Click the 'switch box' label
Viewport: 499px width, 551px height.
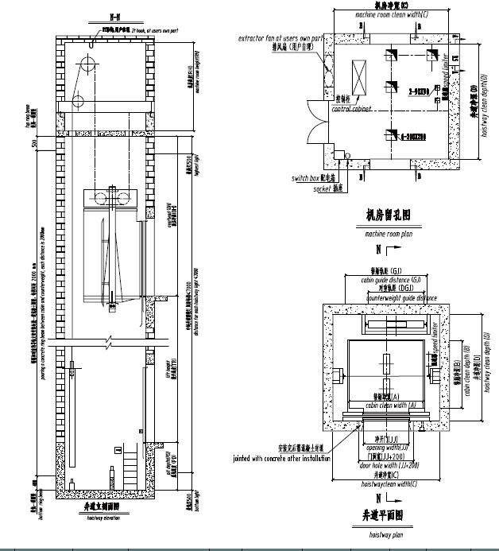[308, 178]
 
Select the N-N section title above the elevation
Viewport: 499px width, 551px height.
[94, 15]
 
